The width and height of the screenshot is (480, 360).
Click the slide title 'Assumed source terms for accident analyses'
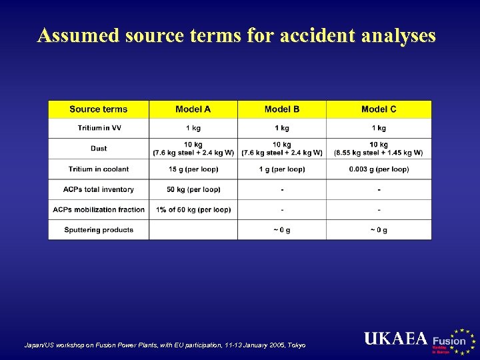point(237,35)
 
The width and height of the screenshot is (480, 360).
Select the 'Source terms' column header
point(98,109)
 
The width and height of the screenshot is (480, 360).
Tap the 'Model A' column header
point(193,109)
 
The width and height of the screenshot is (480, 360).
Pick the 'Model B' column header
point(282,109)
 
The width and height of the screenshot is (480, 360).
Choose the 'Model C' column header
point(378,109)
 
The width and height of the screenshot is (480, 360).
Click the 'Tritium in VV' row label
point(98,128)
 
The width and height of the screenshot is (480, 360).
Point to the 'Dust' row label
point(98,149)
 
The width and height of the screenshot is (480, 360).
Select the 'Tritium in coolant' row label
point(98,169)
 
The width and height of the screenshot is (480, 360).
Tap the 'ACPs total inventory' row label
point(98,189)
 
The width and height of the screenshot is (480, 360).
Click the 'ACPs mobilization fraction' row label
point(99,209)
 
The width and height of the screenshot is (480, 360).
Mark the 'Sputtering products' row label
point(98,230)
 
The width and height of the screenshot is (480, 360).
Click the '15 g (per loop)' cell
point(193,169)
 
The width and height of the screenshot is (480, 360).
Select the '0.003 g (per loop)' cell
point(379,169)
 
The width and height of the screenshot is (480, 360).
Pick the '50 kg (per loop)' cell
point(193,189)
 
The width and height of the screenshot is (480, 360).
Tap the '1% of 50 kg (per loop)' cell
point(193,209)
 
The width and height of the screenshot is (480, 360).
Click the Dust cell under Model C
point(379,149)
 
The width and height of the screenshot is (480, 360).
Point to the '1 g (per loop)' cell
point(282,169)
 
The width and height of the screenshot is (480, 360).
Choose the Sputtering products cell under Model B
point(282,230)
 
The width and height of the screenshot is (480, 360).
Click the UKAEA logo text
point(396,339)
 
